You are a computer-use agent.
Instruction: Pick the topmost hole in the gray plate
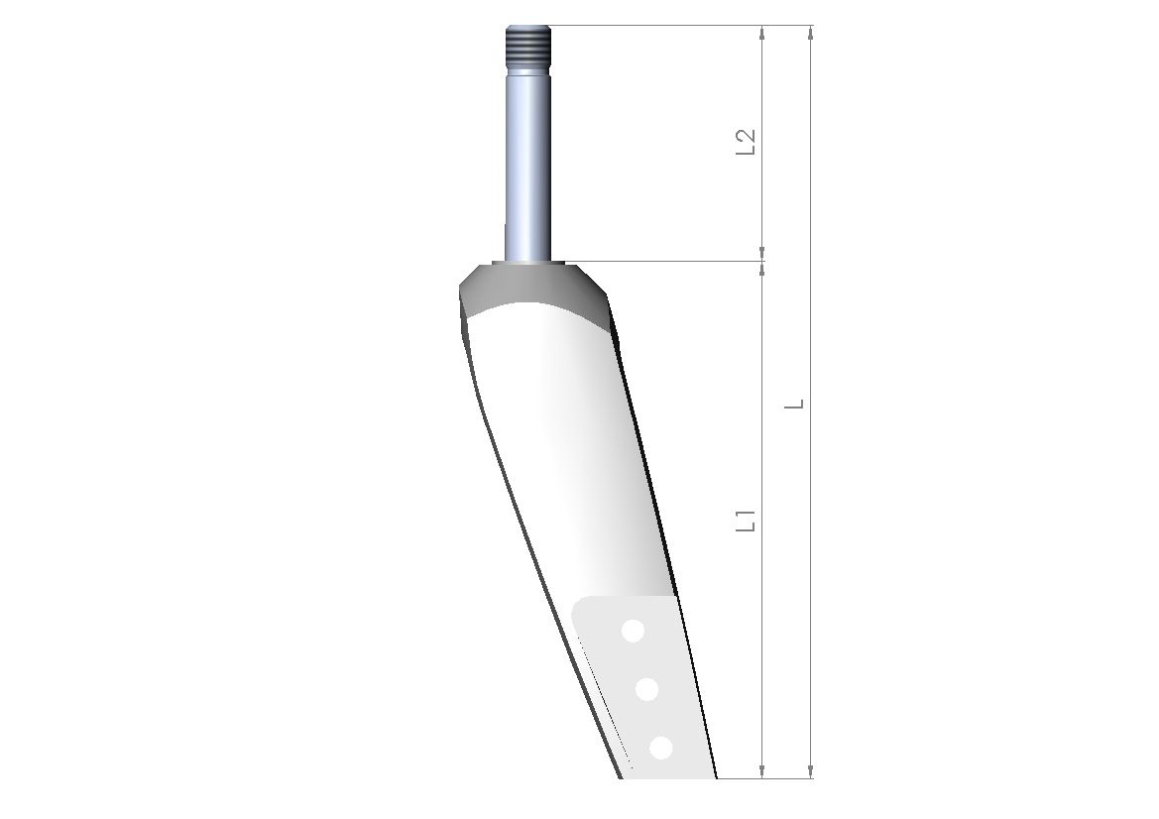pyautogui.click(x=632, y=630)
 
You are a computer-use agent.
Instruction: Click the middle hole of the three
pyautogui.click(x=646, y=688)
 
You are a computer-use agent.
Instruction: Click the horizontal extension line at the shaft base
pyautogui.click(x=674, y=262)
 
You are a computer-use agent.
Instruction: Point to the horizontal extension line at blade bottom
pyautogui.click(x=763, y=778)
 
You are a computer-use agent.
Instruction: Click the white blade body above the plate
pyautogui.click(x=565, y=446)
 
